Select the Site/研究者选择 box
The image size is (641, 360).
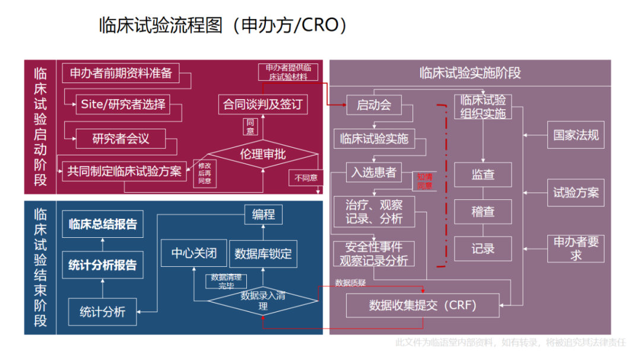[x=123, y=104]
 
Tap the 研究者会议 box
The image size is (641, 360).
[x=120, y=139]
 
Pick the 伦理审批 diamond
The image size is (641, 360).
[x=263, y=155]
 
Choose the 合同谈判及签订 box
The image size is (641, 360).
[x=263, y=105]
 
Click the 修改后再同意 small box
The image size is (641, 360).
[x=205, y=173]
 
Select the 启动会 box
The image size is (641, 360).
[x=374, y=106]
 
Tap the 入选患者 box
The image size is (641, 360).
[x=374, y=172]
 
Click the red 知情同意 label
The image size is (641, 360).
[x=424, y=181]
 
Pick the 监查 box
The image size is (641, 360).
[x=483, y=175]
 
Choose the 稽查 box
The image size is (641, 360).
[x=483, y=212]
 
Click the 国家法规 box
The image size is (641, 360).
[x=576, y=135]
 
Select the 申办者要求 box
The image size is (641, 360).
[x=576, y=249]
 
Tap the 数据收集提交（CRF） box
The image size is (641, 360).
[x=423, y=305]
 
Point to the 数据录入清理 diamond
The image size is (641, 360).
[x=263, y=301]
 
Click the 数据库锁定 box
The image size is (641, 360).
[x=263, y=254]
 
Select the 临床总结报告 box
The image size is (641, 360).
[x=103, y=224]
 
